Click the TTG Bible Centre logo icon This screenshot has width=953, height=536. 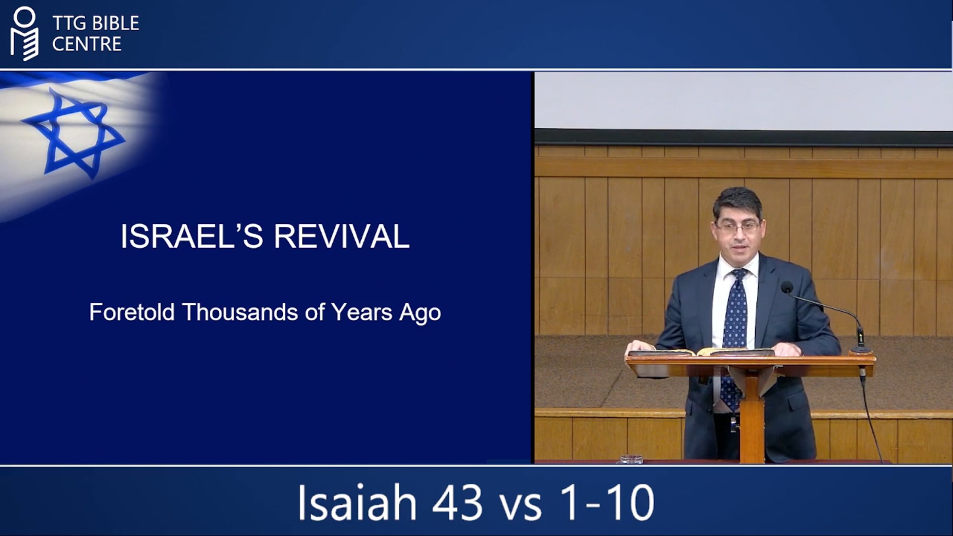(25, 33)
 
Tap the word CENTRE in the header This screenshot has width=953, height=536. (87, 44)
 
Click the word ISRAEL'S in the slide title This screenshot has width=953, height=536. (192, 236)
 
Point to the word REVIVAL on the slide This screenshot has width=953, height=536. (341, 236)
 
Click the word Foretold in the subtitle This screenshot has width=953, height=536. (132, 312)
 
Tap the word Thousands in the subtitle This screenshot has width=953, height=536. (240, 312)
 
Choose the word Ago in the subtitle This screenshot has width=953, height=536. (420, 314)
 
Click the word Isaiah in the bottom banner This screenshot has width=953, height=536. (357, 502)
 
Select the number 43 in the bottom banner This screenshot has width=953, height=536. (457, 503)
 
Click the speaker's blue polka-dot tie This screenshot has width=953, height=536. (734, 318)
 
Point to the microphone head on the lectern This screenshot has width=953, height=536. (787, 287)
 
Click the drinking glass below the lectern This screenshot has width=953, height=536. (631, 459)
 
